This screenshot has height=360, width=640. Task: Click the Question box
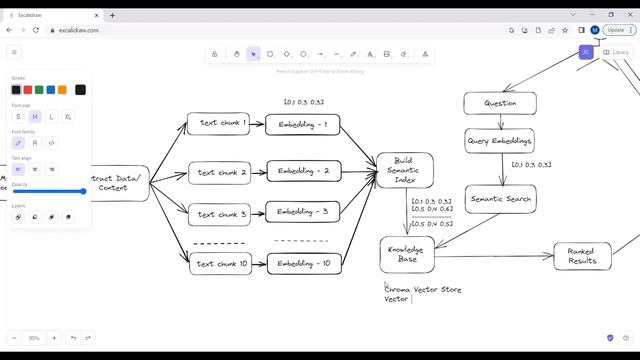pyautogui.click(x=499, y=103)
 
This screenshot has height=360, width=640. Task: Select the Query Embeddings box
pyautogui.click(x=499, y=140)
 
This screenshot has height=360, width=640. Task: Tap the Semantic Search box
pyautogui.click(x=501, y=199)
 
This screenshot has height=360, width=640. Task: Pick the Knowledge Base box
pyautogui.click(x=406, y=254)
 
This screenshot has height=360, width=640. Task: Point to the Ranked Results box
pyautogui.click(x=582, y=256)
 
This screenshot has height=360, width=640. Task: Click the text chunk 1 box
pyautogui.click(x=218, y=123)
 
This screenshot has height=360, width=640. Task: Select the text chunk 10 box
pyautogui.click(x=219, y=264)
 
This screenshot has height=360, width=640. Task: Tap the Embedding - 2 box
pyautogui.click(x=303, y=171)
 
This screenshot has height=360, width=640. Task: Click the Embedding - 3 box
pyautogui.click(x=303, y=211)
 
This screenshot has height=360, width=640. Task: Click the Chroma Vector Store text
pyautogui.click(x=424, y=289)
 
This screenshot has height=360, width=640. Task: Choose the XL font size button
pyautogui.click(x=68, y=117)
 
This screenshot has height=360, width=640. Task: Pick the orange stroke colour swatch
pyautogui.click(x=62, y=90)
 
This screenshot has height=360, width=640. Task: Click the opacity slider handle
pyautogui.click(x=83, y=191)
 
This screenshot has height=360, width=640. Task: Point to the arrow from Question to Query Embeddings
pyautogui.click(x=497, y=121)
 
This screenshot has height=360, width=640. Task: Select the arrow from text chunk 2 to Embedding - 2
pyautogui.click(x=257, y=172)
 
